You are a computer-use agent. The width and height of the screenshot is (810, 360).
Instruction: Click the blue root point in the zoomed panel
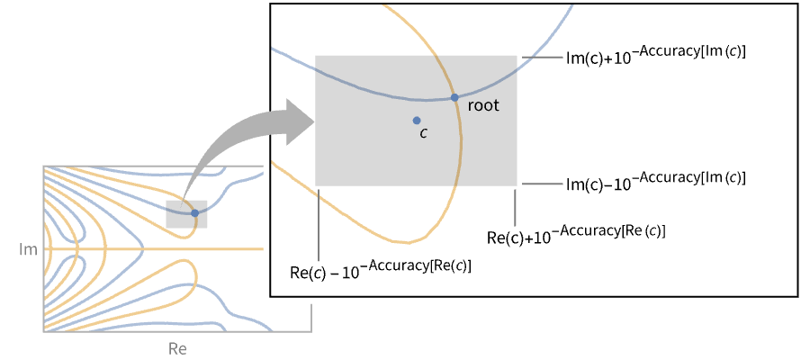(454, 97)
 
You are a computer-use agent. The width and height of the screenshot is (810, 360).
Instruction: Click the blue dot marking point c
(416, 120)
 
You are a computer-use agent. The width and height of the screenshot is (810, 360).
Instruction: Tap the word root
(482, 105)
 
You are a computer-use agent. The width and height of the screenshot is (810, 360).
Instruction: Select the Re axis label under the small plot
(177, 347)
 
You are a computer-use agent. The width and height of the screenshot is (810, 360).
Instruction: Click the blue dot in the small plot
(194, 213)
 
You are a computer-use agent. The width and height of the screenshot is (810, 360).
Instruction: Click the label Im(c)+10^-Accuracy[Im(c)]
(656, 51)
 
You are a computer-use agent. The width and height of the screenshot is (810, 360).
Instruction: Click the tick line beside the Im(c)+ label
(541, 57)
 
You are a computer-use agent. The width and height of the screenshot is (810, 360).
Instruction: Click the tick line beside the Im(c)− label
(541, 184)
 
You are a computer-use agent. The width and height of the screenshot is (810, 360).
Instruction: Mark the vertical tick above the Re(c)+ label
(514, 206)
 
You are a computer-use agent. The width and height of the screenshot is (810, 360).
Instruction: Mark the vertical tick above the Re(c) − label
(317, 225)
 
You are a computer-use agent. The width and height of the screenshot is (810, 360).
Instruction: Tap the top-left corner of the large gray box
(316, 57)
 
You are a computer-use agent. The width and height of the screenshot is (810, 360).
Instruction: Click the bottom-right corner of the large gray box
(516, 184)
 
